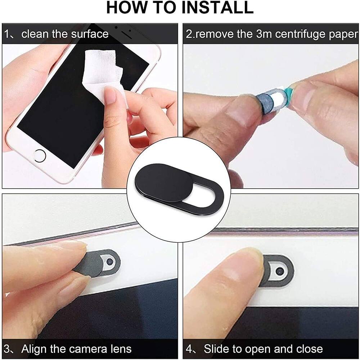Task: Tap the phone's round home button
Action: click(x=39, y=156)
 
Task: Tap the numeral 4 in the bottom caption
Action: click(x=189, y=349)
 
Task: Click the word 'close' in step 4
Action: click(x=309, y=349)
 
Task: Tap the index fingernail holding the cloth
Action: click(x=110, y=95)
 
